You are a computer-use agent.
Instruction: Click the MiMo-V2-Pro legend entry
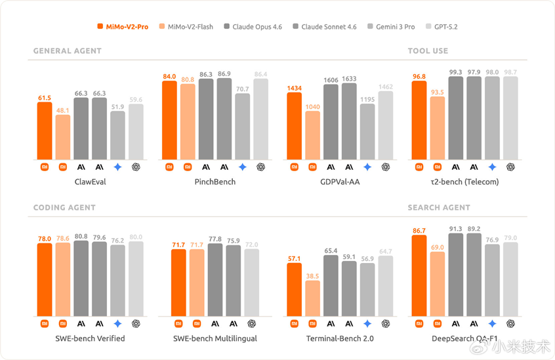point(123,27)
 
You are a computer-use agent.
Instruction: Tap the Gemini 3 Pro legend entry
point(391,27)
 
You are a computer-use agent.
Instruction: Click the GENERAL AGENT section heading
point(67,50)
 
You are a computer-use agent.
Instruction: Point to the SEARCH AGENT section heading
point(439,207)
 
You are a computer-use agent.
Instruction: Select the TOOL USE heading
point(428,50)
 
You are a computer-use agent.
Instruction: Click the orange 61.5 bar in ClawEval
point(45,131)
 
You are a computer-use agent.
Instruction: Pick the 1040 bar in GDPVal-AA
point(312,136)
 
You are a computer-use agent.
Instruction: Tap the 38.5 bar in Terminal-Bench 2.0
point(312,298)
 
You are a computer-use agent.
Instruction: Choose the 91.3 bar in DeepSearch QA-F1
point(456,275)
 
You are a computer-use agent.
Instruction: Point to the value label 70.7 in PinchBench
point(242,89)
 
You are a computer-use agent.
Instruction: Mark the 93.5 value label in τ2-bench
point(437,92)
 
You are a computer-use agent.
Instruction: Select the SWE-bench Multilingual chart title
point(215,338)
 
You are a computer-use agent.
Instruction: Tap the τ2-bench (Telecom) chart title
point(464,182)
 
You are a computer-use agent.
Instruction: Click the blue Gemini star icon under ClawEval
point(117,167)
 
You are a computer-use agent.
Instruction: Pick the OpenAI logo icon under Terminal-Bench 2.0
point(386,324)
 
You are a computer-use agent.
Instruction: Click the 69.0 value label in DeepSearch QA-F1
point(437,247)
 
